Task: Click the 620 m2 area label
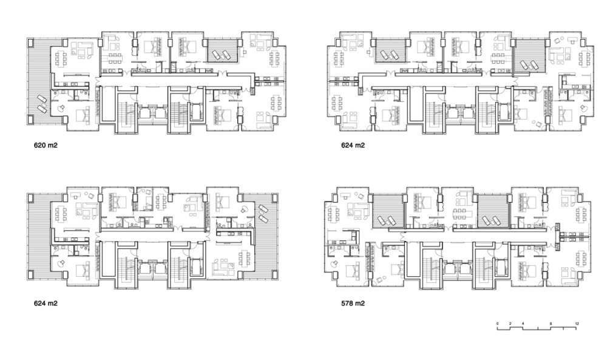(x=46, y=146)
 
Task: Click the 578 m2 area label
(x=353, y=304)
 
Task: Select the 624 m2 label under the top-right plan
(x=353, y=146)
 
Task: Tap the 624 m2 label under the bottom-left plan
(x=46, y=304)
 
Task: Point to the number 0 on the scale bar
(x=498, y=324)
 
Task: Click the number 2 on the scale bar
(x=510, y=324)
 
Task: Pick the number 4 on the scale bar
(x=523, y=324)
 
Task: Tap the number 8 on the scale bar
(x=551, y=324)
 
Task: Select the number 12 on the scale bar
(x=577, y=324)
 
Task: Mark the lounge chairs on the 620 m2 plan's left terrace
(x=42, y=104)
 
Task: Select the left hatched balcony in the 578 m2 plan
(x=388, y=211)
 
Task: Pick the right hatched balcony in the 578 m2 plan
(x=492, y=211)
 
